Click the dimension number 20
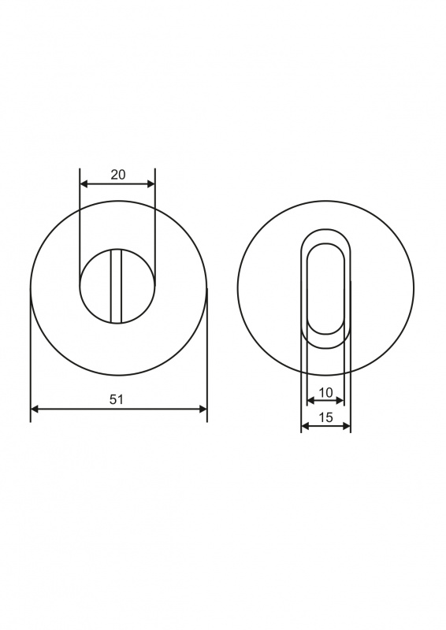click(118, 175)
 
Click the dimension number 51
click(116, 399)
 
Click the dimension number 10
click(325, 392)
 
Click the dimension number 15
click(325, 417)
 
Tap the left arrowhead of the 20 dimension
click(84, 184)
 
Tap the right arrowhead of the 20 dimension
click(151, 184)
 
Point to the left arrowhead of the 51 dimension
click(35, 409)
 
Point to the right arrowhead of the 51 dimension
click(203, 409)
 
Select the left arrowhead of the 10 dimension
click(311, 400)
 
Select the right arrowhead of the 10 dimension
click(340, 400)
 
